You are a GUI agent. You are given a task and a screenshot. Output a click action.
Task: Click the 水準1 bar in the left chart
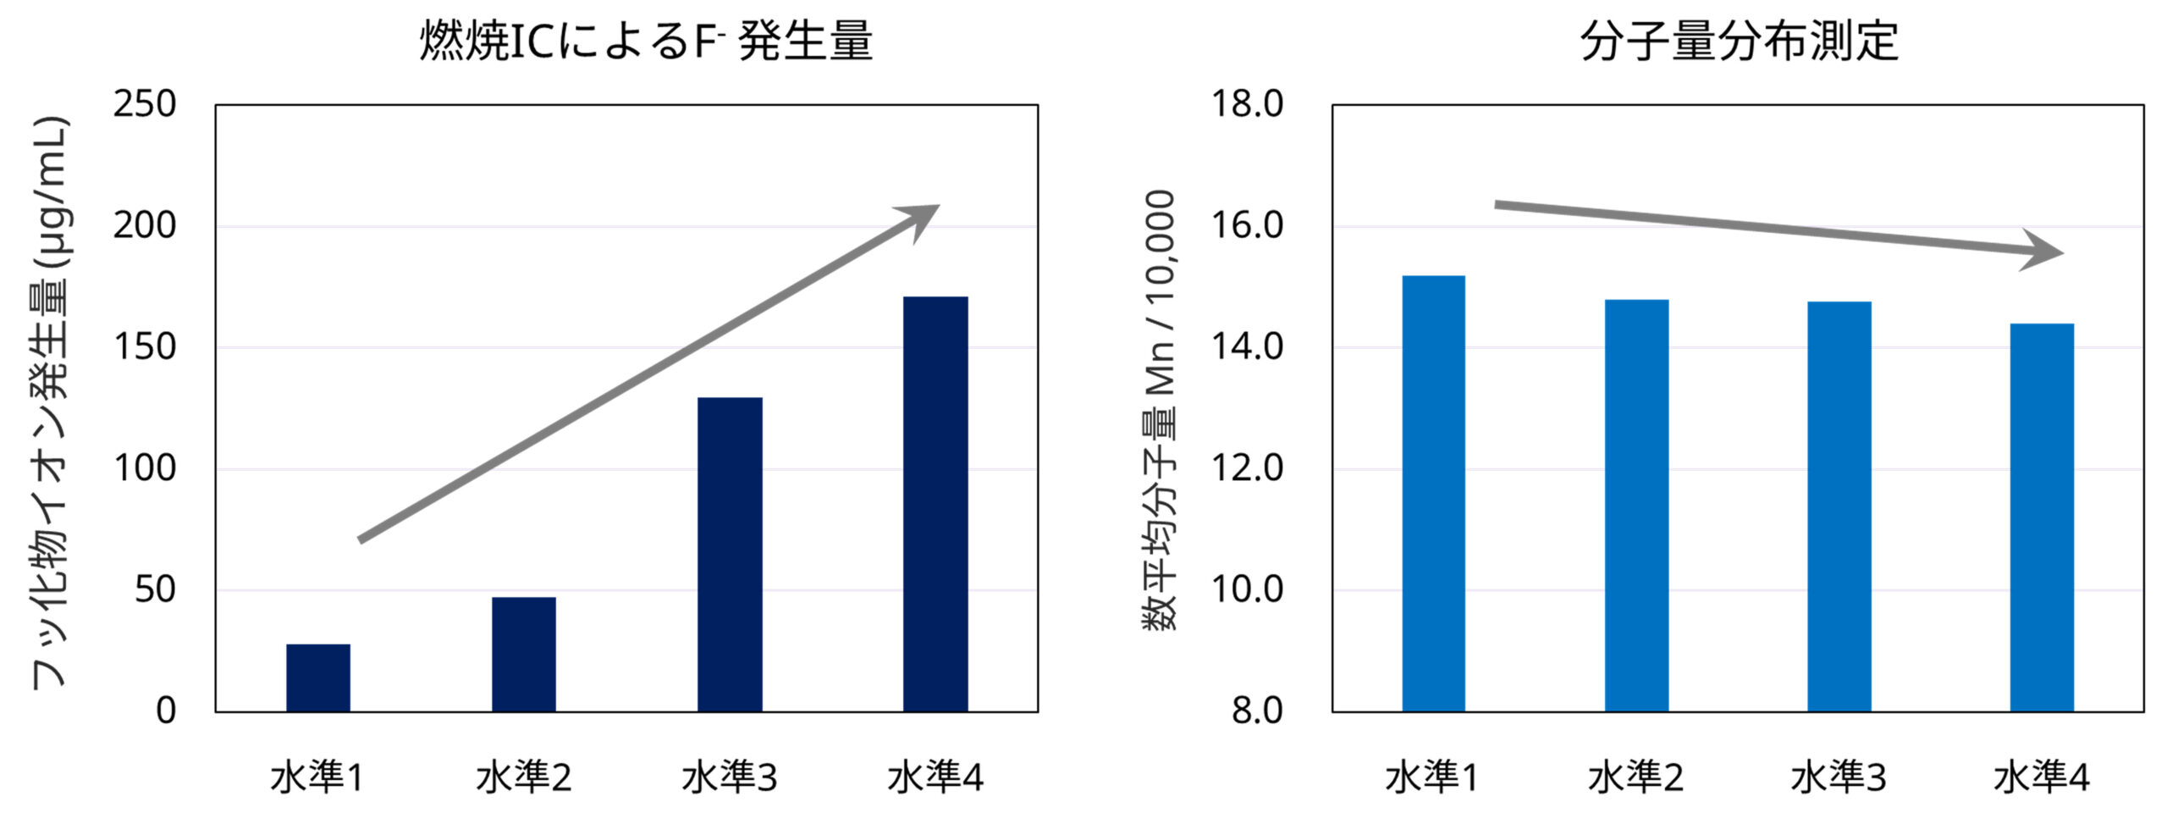pos(317,677)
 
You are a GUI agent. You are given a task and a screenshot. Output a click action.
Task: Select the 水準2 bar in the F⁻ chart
pos(523,654)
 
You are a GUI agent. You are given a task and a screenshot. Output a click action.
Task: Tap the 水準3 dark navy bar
pos(730,554)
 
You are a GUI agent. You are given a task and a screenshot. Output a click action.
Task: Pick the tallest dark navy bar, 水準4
pos(935,504)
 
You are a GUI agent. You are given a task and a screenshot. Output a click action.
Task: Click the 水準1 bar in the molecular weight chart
pos(1433,493)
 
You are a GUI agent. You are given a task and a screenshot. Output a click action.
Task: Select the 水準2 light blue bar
pos(1636,505)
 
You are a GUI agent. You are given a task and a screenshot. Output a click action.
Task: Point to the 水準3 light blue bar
pos(1839,506)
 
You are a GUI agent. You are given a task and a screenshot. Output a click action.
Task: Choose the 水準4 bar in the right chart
pos(2042,517)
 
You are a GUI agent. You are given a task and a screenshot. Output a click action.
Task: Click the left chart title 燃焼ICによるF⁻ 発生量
pos(645,41)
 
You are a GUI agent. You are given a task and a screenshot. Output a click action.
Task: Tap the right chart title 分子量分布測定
pos(1739,41)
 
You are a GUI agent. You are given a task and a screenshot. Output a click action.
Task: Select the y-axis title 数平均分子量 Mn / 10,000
pos(1160,411)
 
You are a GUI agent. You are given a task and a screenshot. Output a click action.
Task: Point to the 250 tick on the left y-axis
pos(145,104)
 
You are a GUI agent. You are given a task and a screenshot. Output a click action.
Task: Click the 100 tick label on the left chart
pos(145,468)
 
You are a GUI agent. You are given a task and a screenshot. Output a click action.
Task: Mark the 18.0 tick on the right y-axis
pos(1247,104)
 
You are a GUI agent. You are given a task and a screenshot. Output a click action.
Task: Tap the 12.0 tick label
pos(1247,468)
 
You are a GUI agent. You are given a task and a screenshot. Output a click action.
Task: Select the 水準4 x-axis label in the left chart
pos(935,777)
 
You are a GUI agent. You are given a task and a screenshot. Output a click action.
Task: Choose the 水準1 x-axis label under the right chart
pos(1432,777)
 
